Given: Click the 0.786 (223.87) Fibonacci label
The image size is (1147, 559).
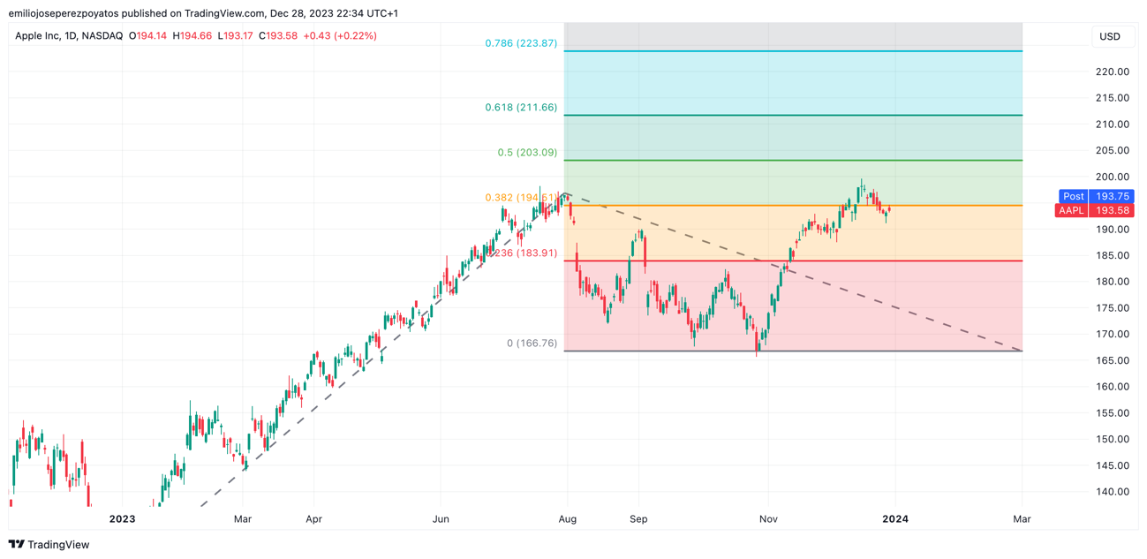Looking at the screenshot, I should [x=521, y=43].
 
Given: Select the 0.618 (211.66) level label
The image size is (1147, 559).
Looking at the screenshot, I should [x=521, y=108].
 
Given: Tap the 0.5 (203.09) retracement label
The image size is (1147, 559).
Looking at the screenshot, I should [x=527, y=153].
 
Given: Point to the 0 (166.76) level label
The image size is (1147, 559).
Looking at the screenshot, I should [x=532, y=344].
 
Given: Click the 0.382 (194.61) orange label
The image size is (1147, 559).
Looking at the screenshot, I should [x=520, y=198].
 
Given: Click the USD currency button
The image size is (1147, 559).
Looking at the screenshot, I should [x=1110, y=36].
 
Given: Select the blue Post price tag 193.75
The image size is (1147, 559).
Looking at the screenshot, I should [x=1096, y=196].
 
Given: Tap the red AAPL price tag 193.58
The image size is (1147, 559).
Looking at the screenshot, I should [x=1096, y=210].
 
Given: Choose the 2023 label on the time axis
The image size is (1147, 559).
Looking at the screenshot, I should [x=122, y=519].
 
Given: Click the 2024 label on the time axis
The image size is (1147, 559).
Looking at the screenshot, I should [x=895, y=519].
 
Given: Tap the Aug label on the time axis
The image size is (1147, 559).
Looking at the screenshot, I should [x=568, y=519].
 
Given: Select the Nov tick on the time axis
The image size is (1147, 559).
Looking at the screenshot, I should [x=768, y=519].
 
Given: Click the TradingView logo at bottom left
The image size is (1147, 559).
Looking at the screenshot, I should [x=49, y=545].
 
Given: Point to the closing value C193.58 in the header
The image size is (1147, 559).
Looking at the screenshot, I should [x=277, y=36].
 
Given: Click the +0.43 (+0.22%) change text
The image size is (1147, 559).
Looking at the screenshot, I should [x=340, y=36].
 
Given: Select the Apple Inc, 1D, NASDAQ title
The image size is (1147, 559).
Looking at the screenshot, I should [x=69, y=36].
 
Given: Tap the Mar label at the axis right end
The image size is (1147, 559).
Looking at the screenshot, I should [x=1022, y=519].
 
